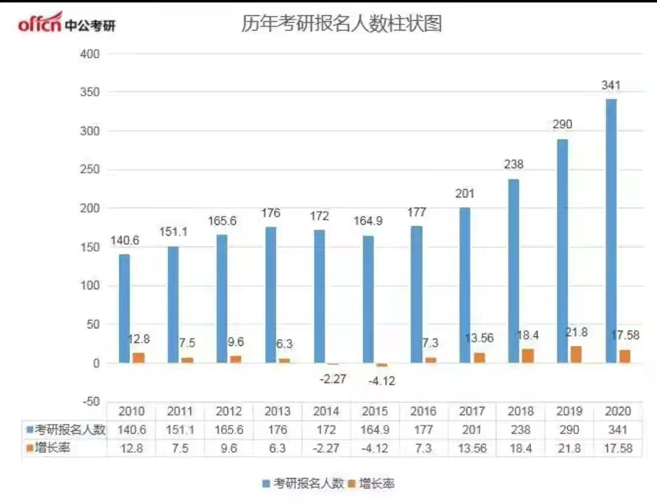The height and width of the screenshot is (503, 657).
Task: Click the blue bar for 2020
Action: tap(611, 231)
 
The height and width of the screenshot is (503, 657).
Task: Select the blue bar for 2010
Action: tap(124, 309)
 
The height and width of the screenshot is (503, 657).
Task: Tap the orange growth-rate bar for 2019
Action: tap(576, 354)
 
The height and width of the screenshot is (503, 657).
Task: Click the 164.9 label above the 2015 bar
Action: tap(368, 221)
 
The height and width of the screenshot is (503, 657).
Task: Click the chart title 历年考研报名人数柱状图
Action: tap(341, 24)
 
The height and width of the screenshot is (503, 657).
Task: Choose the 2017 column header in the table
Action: tap(472, 411)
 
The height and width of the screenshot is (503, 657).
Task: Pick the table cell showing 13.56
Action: tap(472, 449)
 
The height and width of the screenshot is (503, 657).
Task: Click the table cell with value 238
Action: tap(521, 430)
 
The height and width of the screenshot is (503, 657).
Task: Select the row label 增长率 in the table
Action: tap(58, 449)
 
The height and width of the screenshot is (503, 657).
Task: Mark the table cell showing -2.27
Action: tap(326, 449)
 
